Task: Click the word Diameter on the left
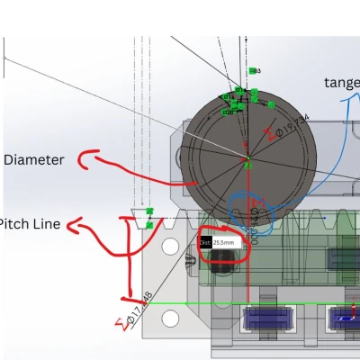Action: click(x=34, y=160)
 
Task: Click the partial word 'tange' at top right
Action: click(x=341, y=83)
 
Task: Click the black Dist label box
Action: click(x=205, y=241)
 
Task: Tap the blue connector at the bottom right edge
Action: click(x=346, y=318)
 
